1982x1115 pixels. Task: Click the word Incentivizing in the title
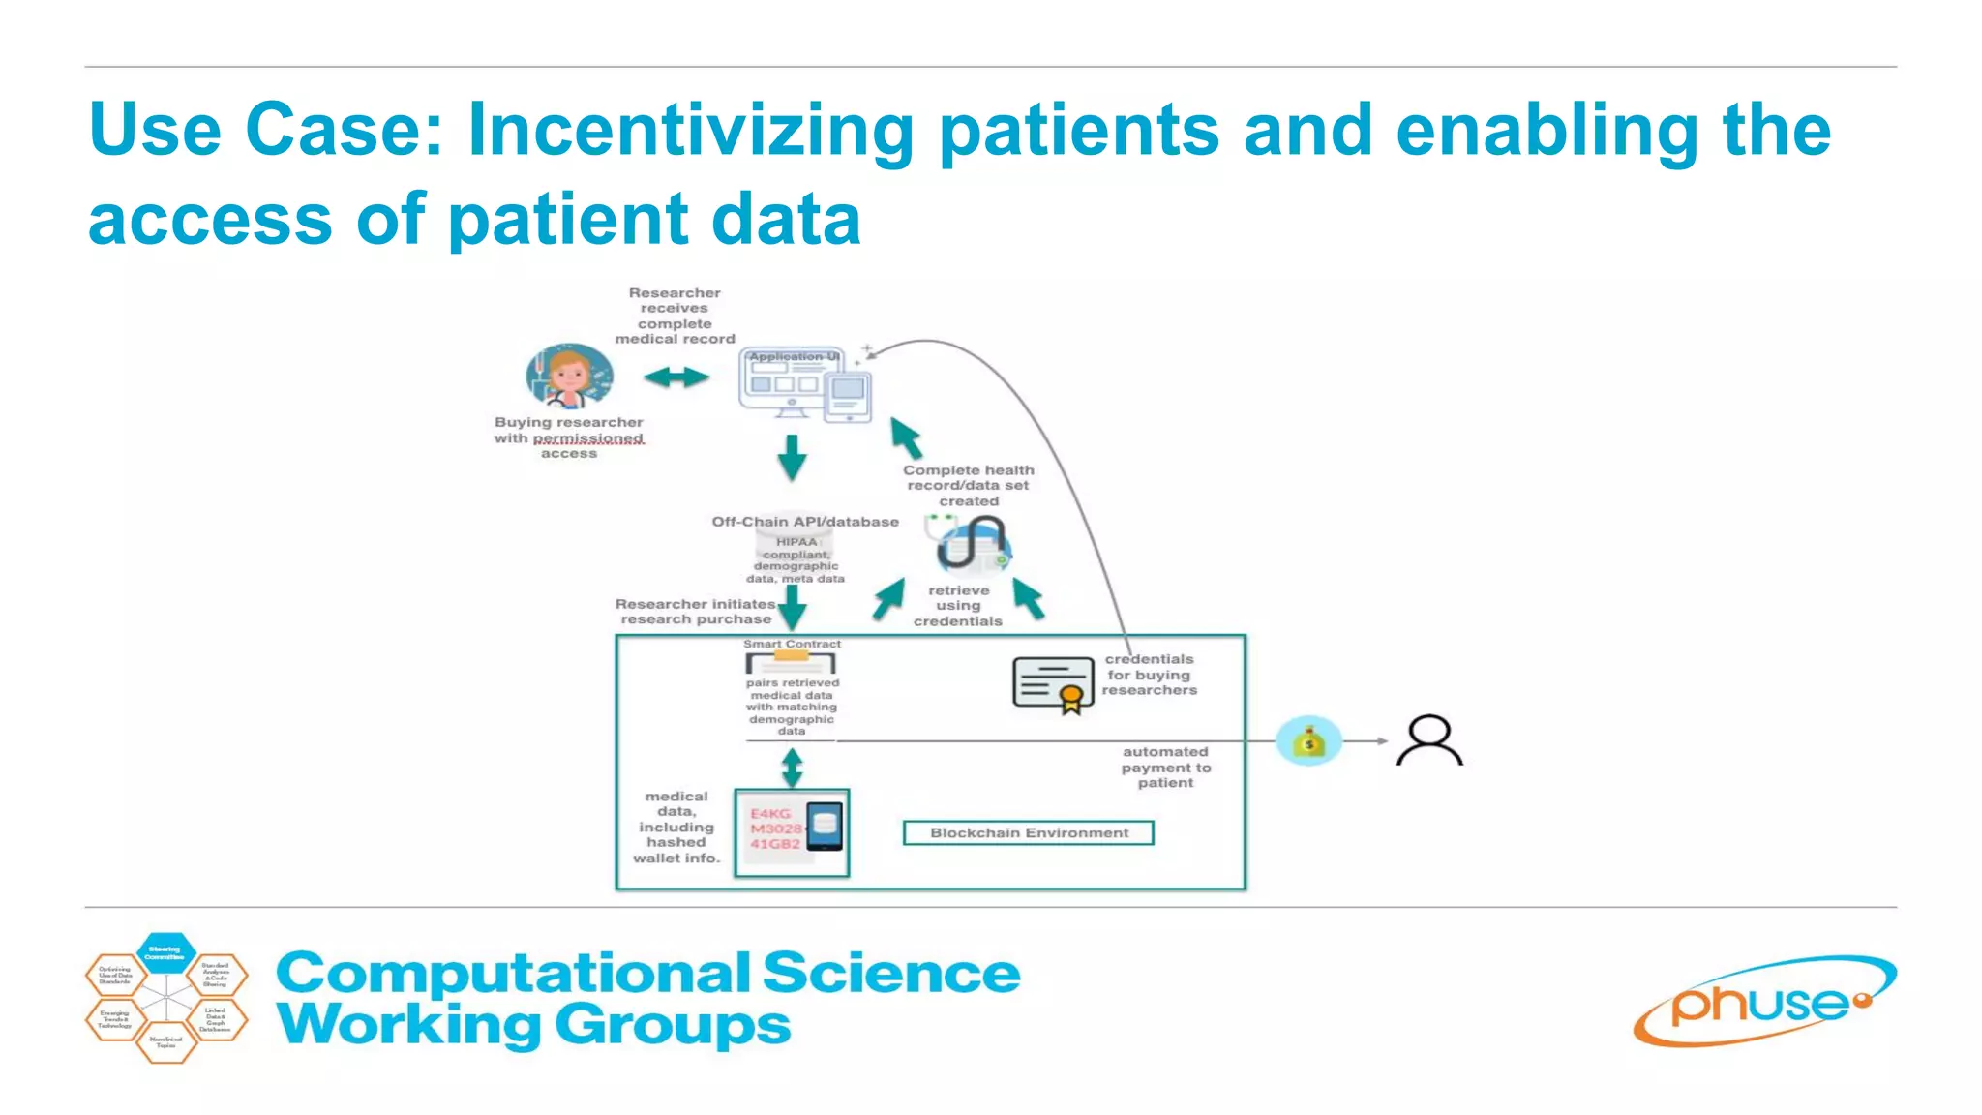click(x=690, y=131)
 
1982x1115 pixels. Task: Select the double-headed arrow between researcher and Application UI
click(x=676, y=377)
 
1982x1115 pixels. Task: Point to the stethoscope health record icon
click(x=973, y=545)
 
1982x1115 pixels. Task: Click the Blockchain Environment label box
click(x=1028, y=833)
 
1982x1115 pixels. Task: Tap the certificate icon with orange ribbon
click(x=1053, y=684)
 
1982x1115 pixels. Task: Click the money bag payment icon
click(x=1308, y=741)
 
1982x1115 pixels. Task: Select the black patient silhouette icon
click(x=1429, y=740)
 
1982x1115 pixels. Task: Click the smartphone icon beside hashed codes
click(x=825, y=828)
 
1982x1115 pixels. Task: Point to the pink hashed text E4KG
click(x=770, y=814)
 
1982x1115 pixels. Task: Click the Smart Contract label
click(x=792, y=644)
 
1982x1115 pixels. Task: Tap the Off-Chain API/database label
click(x=805, y=522)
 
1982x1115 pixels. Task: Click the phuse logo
click(x=1763, y=1002)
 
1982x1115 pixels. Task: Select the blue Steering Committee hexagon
click(x=165, y=952)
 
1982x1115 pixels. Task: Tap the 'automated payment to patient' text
click(x=1165, y=768)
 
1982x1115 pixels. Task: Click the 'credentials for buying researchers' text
click(x=1150, y=675)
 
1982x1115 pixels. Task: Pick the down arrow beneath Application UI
click(x=792, y=458)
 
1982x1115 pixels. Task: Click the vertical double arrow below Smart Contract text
click(x=792, y=768)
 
